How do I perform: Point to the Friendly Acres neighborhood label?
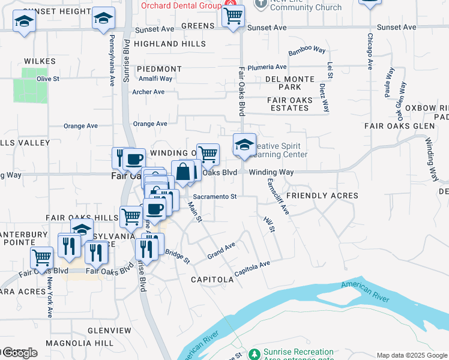[322, 196]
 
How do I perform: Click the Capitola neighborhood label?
[212, 280]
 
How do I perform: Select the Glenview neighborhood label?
[109, 331]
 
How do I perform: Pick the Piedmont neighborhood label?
[159, 70]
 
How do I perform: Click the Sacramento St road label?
[215, 196]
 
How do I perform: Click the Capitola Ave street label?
[252, 268]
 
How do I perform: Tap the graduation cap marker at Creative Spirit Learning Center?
[244, 145]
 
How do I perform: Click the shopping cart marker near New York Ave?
[41, 258]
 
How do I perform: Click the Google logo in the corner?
[19, 353]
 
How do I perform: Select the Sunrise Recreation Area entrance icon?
[254, 354]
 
